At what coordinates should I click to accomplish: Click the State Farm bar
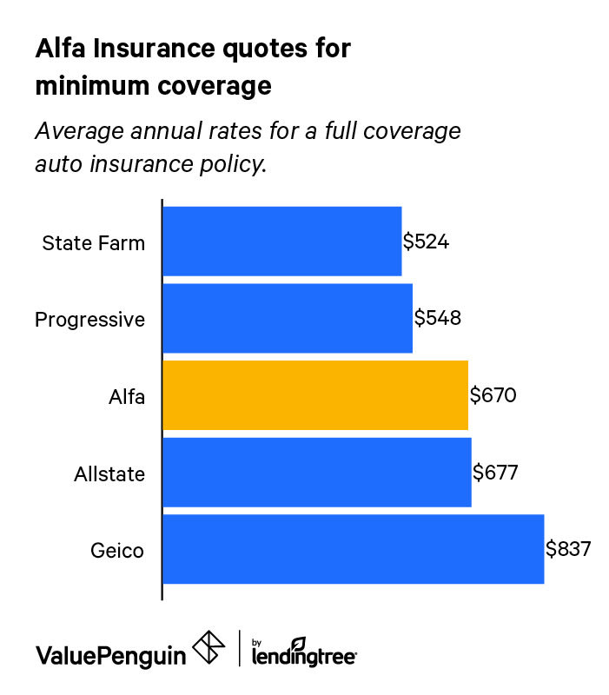pos(281,241)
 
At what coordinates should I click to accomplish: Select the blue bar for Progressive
pos(287,318)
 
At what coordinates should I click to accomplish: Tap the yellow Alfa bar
pos(314,395)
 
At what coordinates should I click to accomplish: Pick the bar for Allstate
pos(316,473)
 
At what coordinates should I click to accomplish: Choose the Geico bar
pos(353,549)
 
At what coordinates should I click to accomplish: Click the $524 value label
pos(426,242)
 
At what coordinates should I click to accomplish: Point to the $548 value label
pos(437,318)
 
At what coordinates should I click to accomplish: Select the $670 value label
pos(493,396)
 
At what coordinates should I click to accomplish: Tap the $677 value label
pos(495,473)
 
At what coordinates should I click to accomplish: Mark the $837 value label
pos(568,549)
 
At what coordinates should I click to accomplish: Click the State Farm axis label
pos(93,242)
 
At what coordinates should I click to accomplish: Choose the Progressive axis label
pos(89,320)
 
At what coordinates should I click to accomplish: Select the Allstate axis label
pos(109,474)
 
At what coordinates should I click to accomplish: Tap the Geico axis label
pos(116,551)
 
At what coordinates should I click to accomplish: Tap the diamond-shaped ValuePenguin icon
pos(209,648)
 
